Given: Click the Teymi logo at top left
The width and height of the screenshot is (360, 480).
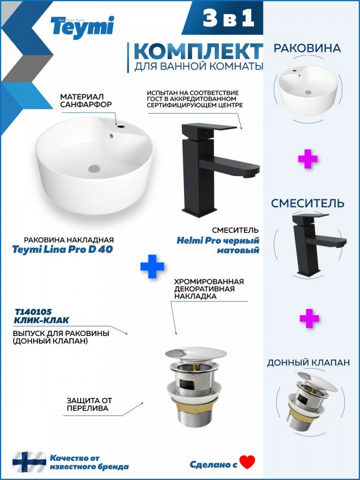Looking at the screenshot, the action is (x=82, y=27).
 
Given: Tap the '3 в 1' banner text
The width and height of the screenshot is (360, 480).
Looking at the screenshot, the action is (x=229, y=18).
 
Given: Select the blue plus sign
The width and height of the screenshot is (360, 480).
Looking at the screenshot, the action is (x=152, y=266).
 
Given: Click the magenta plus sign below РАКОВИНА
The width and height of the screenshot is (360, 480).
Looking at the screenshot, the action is (x=308, y=159).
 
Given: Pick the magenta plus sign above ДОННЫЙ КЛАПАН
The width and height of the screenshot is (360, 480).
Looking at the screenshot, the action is (x=309, y=318).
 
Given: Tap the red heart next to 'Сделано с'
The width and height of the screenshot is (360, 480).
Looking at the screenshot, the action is (x=247, y=462).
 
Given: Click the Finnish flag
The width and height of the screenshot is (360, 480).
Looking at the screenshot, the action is (x=29, y=462).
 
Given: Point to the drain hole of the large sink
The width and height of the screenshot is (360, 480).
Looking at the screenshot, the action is (x=94, y=168).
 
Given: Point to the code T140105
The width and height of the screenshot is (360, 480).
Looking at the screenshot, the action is (x=34, y=312).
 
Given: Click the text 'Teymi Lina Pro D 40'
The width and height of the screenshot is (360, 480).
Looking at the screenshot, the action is (x=63, y=250).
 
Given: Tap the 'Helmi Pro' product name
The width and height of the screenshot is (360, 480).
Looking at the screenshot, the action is (x=198, y=241).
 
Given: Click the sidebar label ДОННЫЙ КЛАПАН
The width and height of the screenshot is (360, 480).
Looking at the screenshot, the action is (x=308, y=363).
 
